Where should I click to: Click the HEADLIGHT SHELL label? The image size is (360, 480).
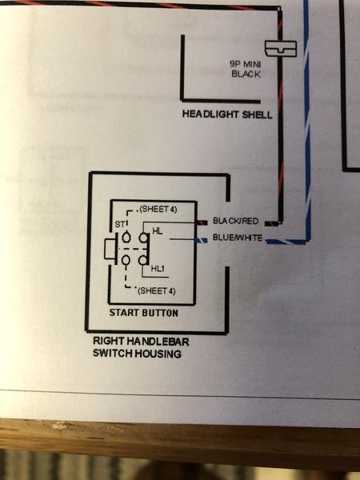pos(227,114)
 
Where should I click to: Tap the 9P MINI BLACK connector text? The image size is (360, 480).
pos(246,69)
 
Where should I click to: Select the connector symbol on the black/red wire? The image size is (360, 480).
pos(281,49)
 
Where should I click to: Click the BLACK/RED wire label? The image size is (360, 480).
pos(235,221)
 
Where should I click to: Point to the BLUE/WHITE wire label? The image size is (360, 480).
pos(238,238)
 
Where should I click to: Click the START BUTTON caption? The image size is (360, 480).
pos(143,313)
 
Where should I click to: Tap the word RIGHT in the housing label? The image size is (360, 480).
pos(108,341)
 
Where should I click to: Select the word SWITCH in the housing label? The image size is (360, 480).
pos(113,354)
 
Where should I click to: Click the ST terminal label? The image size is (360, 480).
pos(119,225)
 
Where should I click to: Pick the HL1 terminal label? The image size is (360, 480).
pos(158,269)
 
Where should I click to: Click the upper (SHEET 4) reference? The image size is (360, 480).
pos(158,210)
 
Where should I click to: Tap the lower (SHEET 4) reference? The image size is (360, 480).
pos(157,290)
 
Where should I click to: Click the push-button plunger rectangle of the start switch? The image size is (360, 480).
pos(110,249)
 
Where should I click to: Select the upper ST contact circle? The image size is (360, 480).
pos(126,238)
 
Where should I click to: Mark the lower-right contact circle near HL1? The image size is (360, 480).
pos(142,260)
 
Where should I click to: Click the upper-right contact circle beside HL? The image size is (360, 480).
pos(143,238)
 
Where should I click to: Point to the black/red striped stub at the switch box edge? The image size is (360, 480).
pos(202,222)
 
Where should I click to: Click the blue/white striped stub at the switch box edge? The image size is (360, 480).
pos(202,241)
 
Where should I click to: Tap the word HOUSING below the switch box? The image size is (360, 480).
pos(158,354)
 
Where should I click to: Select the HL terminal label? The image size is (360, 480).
pos(158,231)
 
